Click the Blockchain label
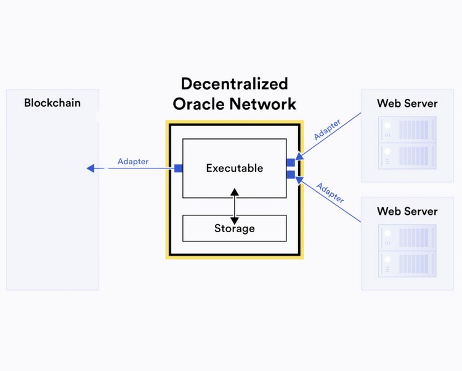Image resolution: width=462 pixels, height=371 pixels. tap(52, 103)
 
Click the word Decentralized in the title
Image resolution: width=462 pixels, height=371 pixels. tap(235, 83)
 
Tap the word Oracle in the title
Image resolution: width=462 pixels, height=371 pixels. tap(198, 104)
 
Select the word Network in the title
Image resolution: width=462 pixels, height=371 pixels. tap(263, 104)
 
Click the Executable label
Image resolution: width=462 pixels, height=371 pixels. tap(235, 168)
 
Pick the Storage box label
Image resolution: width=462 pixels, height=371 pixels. tap(235, 228)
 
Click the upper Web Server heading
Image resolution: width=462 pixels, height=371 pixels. tap(407, 103)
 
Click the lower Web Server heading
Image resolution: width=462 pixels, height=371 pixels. tap(407, 211)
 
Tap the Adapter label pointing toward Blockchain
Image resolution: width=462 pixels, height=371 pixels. tap(133, 162)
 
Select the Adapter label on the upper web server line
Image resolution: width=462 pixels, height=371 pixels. tap(327, 130)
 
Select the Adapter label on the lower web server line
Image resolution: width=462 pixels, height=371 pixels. tap(330, 193)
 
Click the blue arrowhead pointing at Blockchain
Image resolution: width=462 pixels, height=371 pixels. tap(91, 169)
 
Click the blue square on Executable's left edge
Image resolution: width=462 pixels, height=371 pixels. tap(179, 169)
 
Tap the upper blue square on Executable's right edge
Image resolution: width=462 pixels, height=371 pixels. tap(291, 162)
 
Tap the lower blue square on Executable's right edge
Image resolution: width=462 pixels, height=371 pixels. tap(291, 175)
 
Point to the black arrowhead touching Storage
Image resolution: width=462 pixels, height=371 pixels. tap(235, 220)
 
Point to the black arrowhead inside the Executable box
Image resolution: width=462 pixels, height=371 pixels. tap(235, 192)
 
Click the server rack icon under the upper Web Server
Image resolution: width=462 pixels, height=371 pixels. tap(407, 143)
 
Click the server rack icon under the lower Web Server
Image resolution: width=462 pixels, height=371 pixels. tap(407, 251)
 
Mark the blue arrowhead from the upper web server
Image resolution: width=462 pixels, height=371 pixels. tap(299, 156)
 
